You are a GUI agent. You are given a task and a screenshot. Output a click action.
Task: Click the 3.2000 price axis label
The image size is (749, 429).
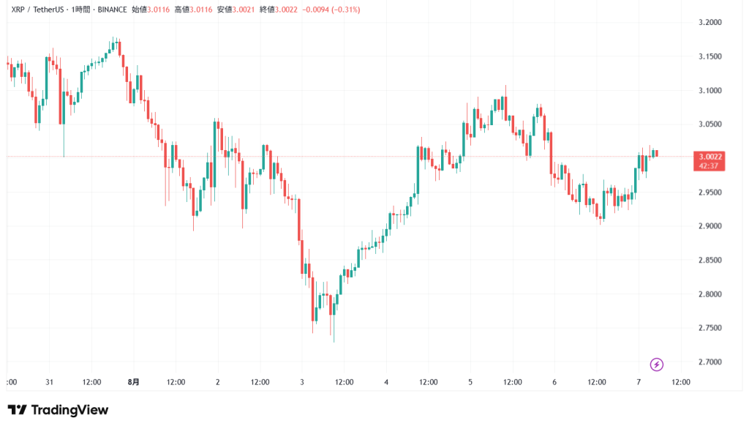711,23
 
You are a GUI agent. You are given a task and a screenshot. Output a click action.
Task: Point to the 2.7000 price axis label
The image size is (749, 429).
711,362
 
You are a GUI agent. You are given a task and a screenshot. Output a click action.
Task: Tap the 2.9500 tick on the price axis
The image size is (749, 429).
711,193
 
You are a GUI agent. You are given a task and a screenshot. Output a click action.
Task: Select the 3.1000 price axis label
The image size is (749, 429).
711,91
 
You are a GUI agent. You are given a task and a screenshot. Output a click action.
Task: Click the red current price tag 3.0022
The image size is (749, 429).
711,157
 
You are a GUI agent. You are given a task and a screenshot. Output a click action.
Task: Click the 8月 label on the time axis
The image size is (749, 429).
134,381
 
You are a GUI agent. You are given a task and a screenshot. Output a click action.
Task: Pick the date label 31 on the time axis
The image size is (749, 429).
50,381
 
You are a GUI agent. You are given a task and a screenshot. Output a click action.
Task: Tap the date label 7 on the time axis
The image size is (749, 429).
639,381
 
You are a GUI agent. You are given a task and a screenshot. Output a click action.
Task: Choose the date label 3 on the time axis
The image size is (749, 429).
302,381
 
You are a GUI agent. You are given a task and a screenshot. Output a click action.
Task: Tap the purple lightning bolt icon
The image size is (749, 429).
656,364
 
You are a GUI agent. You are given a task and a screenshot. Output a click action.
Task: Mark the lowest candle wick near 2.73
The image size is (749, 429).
334,340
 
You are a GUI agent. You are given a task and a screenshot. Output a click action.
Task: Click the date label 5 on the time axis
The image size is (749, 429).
470,381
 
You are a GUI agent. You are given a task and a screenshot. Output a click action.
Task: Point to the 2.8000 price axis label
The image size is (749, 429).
711,294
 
